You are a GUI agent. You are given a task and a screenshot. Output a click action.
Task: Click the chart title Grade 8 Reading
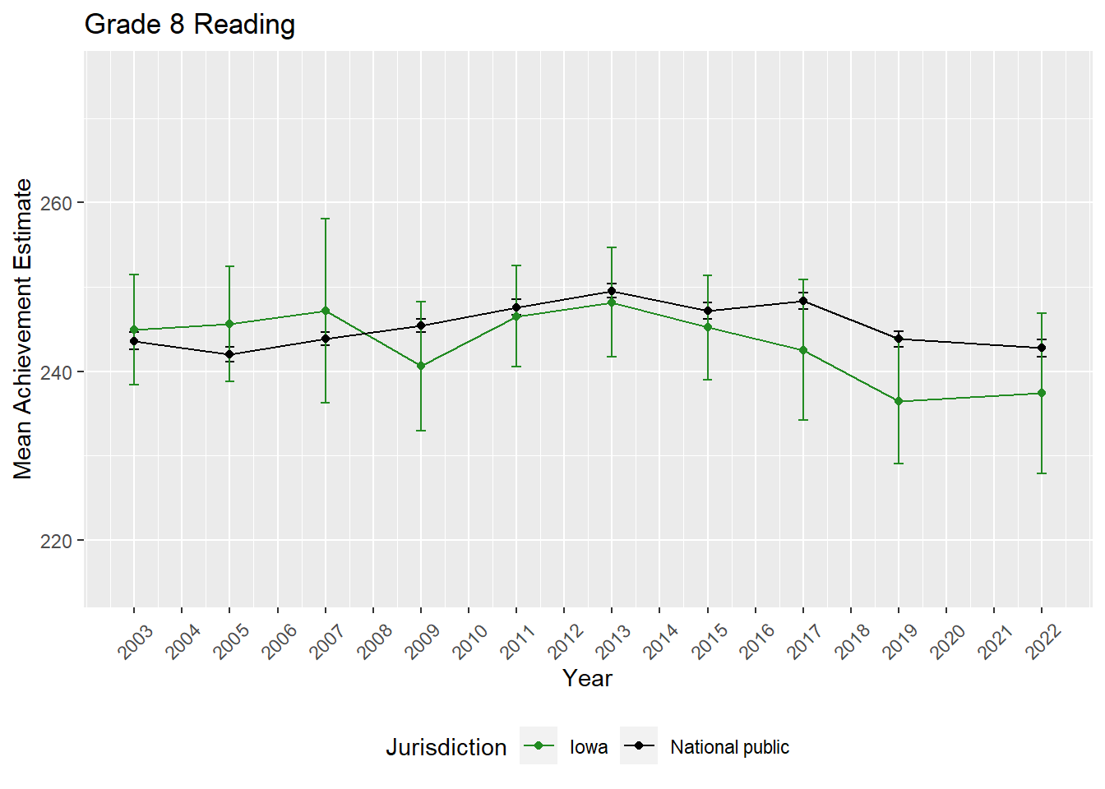pos(190,25)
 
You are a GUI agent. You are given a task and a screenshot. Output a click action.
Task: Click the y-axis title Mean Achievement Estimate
pos(23,329)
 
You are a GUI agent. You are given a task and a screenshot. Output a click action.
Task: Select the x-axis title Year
pos(587,678)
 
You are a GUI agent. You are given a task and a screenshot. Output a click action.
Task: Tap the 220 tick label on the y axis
pos(56,541)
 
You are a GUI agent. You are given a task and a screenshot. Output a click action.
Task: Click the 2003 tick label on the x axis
pos(136,641)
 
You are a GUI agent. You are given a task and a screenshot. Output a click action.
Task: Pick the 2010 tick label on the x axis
pos(471,641)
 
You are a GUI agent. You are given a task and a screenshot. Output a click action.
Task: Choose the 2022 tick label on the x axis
pos(1044,641)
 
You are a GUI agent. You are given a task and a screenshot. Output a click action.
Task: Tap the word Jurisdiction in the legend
pos(446,747)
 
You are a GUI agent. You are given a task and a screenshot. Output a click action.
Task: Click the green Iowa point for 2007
pos(326,311)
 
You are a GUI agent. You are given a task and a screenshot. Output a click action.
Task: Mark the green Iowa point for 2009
pos(421,366)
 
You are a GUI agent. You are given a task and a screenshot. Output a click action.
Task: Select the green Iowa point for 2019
pos(899,401)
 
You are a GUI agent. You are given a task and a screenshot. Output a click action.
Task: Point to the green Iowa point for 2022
pos(1042,393)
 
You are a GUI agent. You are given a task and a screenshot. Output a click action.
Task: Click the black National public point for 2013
pos(612,291)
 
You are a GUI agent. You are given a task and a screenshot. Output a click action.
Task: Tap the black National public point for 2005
pos(229,354)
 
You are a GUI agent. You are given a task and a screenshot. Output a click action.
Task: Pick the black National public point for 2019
pos(899,339)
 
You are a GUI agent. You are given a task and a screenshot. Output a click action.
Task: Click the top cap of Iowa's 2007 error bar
pos(326,219)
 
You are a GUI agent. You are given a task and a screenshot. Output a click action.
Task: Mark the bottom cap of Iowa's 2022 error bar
pos(1042,473)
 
